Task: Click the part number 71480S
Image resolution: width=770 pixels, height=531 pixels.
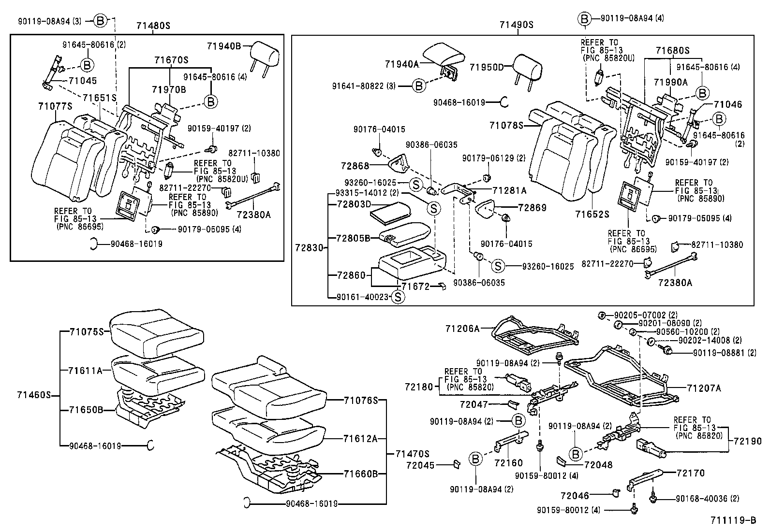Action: pyautogui.click(x=154, y=25)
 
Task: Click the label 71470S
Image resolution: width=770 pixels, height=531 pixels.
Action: pyautogui.click(x=412, y=454)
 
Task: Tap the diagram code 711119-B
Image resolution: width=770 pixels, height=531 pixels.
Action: pyautogui.click(x=733, y=520)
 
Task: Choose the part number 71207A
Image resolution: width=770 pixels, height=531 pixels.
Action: pyautogui.click(x=704, y=388)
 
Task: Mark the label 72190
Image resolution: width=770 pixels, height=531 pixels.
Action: pyautogui.click(x=747, y=441)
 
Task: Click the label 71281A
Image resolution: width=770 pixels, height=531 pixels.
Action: pyautogui.click(x=509, y=190)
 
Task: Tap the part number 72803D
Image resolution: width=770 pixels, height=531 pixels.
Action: pyautogui.click(x=354, y=204)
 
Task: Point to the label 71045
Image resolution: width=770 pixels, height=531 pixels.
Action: pyautogui.click(x=83, y=81)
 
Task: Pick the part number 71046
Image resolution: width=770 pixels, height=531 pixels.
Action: pyautogui.click(x=728, y=104)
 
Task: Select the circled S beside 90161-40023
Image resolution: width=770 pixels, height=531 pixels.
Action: pyautogui.click(x=397, y=297)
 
